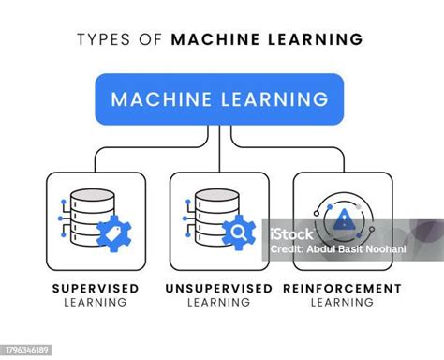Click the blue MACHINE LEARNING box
coord(219,98)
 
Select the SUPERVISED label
coord(96,288)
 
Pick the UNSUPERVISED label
coord(219,288)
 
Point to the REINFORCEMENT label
coord(342,288)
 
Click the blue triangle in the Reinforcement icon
coord(344,220)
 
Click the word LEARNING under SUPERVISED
coord(96,303)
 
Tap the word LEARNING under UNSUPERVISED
coord(219,303)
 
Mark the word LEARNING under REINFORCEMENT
coord(342,303)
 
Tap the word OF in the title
coord(154,39)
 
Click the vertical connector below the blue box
coord(219,136)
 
